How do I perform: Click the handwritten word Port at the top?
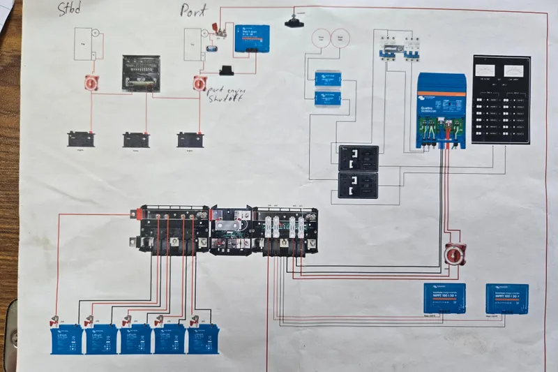pyautogui.click(x=194, y=10)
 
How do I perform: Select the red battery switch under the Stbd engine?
pyautogui.click(x=91, y=84)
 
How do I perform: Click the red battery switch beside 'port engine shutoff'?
pyautogui.click(x=199, y=84)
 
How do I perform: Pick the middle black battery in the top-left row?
pyautogui.click(x=134, y=139)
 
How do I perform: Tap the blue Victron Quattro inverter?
pyautogui.click(x=442, y=111)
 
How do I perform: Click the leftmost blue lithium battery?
pyautogui.click(x=66, y=339)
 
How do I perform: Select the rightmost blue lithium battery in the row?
pyautogui.click(x=203, y=339)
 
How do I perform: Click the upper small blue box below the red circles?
pyautogui.click(x=328, y=78)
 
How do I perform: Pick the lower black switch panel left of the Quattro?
pyautogui.click(x=359, y=186)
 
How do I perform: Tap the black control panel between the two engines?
pyautogui.click(x=142, y=73)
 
